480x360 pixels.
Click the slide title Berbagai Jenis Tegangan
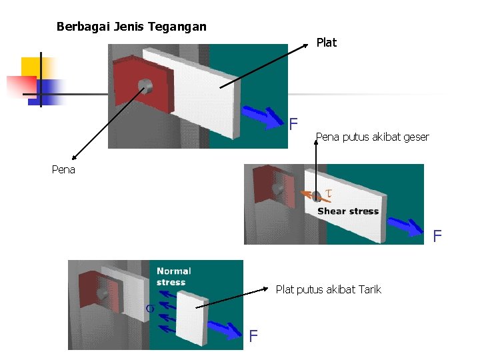[x=131, y=27]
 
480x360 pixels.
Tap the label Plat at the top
[x=327, y=43]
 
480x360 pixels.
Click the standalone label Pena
[x=63, y=169]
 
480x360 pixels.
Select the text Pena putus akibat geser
[x=372, y=137]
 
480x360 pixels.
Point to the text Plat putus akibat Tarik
[x=329, y=289]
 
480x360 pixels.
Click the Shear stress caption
[x=348, y=211]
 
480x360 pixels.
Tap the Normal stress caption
[x=173, y=277]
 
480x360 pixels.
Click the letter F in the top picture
[x=293, y=124]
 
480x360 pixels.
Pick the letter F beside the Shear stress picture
[x=437, y=236]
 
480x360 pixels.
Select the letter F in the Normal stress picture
[x=253, y=337]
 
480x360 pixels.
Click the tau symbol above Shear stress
[x=327, y=194]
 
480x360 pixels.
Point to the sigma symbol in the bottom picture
[x=151, y=308]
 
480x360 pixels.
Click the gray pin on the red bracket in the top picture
[x=144, y=85]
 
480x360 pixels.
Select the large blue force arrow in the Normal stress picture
[x=223, y=327]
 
